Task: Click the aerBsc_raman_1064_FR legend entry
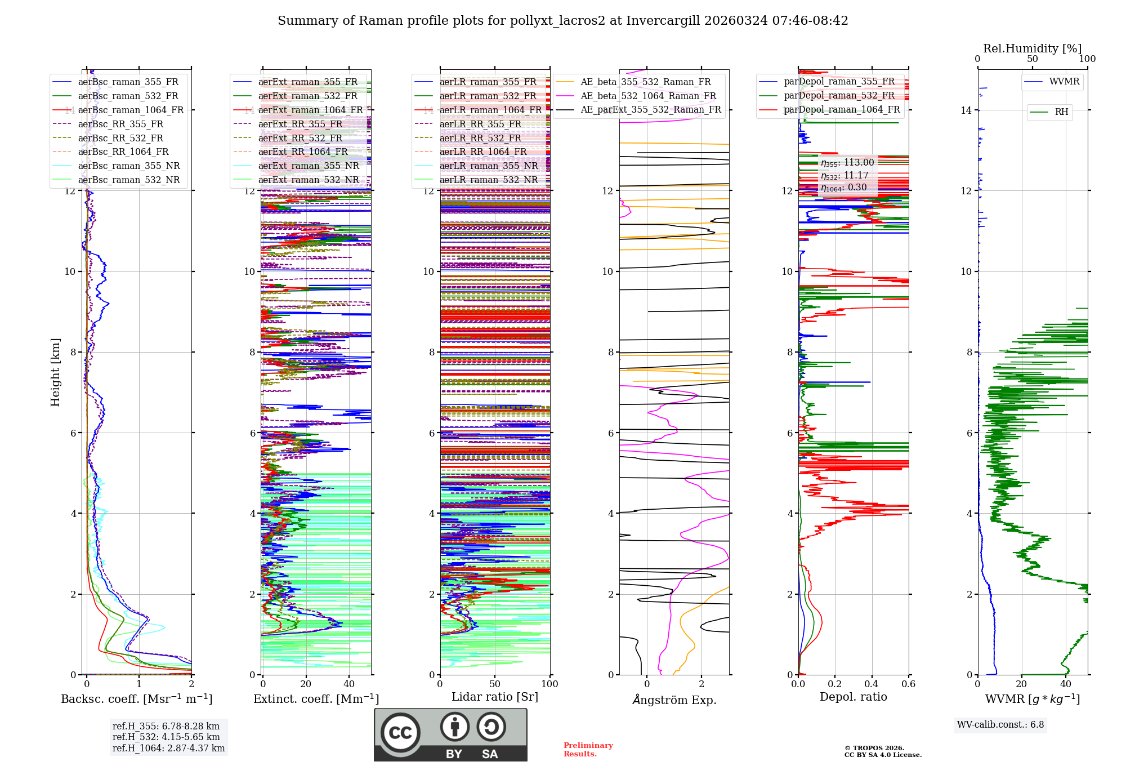click(131, 110)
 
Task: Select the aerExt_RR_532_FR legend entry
click(300, 138)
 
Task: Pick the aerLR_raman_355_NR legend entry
click(489, 166)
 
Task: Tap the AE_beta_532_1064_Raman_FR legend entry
click(648, 96)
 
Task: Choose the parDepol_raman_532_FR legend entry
click(839, 95)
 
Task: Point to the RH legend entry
click(1061, 112)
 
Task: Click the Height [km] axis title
click(55, 372)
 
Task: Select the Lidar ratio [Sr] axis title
click(495, 697)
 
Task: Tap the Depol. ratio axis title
click(853, 697)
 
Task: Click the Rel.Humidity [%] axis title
click(1032, 48)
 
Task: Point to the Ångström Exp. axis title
click(674, 700)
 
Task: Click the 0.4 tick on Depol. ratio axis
click(872, 684)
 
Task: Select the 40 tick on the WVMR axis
click(1065, 684)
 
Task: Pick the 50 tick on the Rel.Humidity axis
click(1032, 59)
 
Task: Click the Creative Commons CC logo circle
click(400, 733)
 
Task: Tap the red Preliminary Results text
click(588, 749)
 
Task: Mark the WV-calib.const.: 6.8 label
click(1000, 724)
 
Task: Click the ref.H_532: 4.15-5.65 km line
click(166, 737)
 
